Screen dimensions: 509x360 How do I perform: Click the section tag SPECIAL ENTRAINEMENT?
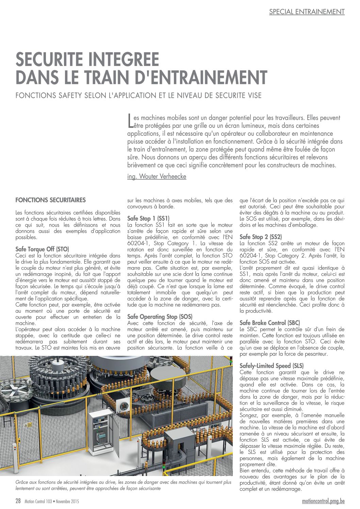[x=307, y=12]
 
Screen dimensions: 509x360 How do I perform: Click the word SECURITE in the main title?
[x=54, y=60]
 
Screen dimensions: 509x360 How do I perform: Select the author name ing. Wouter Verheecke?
[x=157, y=177]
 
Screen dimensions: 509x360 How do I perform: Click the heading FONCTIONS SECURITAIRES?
[x=51, y=200]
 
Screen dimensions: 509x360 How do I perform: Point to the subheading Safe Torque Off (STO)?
[x=42, y=249]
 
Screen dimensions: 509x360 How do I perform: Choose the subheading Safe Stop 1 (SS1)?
[x=148, y=218]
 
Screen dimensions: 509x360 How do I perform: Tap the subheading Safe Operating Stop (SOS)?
[x=160, y=317]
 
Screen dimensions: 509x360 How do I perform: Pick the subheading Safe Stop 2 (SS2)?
[x=261, y=237]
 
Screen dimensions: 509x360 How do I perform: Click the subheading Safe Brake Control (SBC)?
[x=270, y=323]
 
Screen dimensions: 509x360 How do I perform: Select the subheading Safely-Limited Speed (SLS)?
[x=272, y=366]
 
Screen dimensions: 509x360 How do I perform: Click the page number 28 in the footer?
[x=18, y=501]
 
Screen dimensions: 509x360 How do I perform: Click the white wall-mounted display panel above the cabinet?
[x=123, y=406]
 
